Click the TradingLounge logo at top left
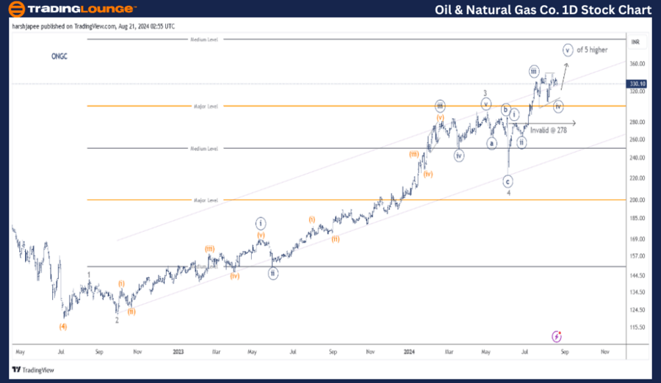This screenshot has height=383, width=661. [x=71, y=9]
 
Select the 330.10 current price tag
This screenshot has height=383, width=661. [x=637, y=84]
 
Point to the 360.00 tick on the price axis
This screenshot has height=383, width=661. [x=637, y=64]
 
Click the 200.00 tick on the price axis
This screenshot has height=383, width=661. [x=637, y=200]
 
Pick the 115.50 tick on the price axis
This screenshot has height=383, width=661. [x=637, y=327]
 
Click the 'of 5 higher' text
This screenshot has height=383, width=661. [x=592, y=50]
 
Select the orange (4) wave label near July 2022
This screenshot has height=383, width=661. [x=63, y=327]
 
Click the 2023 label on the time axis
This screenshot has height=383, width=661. [x=178, y=351]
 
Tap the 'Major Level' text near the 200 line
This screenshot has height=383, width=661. [x=206, y=200]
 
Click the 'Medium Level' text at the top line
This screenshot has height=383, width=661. [x=204, y=39]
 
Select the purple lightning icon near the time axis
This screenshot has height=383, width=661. [x=556, y=336]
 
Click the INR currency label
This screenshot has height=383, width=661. [x=636, y=42]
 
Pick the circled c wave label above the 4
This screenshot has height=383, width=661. [x=508, y=180]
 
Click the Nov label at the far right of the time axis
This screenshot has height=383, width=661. [x=604, y=351]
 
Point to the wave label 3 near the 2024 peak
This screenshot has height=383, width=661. [x=485, y=93]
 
